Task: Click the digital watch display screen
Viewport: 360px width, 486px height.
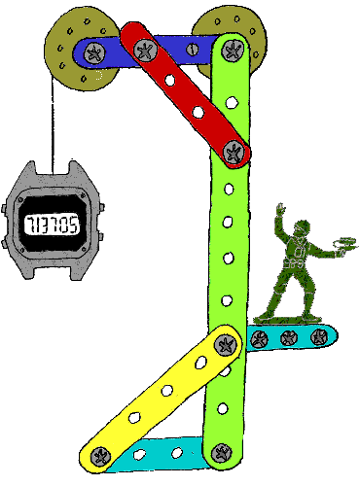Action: pyautogui.click(x=53, y=226)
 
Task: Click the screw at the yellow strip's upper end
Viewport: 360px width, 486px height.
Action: pyautogui.click(x=227, y=343)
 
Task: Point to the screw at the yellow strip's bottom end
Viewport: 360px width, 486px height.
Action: pyautogui.click(x=98, y=453)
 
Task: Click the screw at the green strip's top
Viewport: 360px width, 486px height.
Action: pyautogui.click(x=232, y=45)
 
